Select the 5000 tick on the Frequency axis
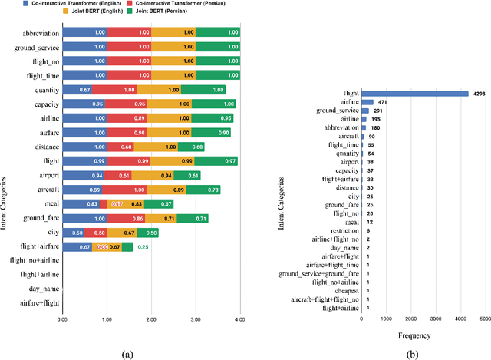coord(486,319)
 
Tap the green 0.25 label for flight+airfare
coord(143,246)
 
